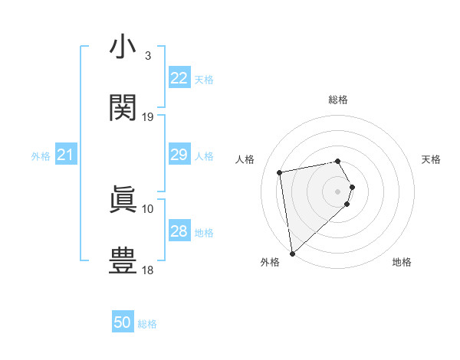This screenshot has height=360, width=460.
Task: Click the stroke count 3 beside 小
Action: (147, 56)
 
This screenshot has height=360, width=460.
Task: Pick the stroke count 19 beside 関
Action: (148, 117)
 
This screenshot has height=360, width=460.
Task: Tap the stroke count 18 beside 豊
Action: (148, 270)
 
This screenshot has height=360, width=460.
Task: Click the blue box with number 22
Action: (179, 78)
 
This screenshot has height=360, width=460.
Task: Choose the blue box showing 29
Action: (179, 155)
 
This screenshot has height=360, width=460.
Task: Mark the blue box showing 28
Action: (179, 231)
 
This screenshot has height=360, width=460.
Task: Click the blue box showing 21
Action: (65, 155)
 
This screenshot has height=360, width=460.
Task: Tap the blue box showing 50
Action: (123, 322)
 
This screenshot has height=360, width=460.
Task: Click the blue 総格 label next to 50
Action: (147, 324)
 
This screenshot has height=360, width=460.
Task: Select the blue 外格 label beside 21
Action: (41, 156)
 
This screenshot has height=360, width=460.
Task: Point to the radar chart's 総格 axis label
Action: (338, 100)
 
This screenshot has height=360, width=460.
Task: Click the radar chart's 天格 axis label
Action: (432, 159)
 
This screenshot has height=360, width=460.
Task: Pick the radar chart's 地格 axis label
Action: (402, 262)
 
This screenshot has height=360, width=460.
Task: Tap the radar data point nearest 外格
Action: (291, 253)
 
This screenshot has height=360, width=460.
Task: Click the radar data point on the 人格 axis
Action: (280, 172)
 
